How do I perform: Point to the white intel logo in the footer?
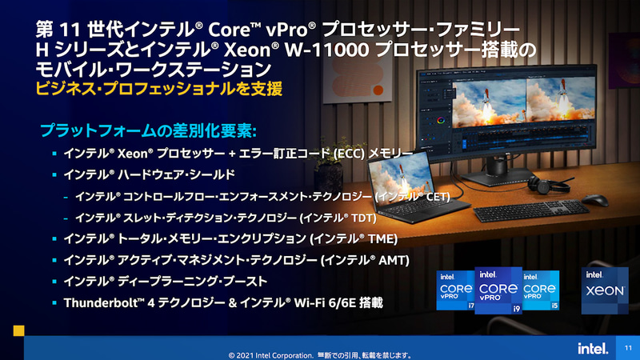point(590,348)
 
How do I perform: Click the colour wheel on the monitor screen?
point(439,121)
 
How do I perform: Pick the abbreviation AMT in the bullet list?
point(393,260)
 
